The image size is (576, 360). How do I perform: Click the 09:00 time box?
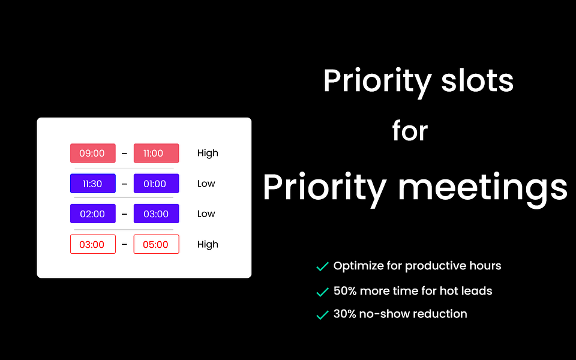tap(93, 153)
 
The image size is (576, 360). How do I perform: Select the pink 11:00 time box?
tap(156, 153)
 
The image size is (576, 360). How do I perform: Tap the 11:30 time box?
tap(93, 184)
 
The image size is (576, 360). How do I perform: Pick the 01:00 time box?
tap(156, 184)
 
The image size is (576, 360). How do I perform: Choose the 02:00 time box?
tap(93, 214)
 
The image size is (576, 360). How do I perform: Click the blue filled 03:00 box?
tap(156, 214)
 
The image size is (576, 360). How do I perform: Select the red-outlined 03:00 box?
tap(93, 244)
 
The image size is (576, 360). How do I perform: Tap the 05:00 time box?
tap(156, 244)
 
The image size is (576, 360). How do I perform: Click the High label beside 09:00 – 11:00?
tap(208, 153)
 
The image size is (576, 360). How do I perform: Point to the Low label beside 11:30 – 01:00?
tap(206, 184)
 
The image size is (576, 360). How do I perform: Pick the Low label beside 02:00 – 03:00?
tap(206, 214)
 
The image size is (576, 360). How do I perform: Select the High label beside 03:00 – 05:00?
tap(208, 245)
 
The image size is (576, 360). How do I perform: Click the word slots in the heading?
tap(477, 80)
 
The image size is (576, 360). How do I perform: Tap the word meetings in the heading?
tap(483, 188)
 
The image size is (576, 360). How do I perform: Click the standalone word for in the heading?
tap(410, 130)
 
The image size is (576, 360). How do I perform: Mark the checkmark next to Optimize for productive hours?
tap(322, 266)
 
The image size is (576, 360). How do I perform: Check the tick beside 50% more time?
tap(322, 292)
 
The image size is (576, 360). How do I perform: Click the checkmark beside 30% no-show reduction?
tap(322, 315)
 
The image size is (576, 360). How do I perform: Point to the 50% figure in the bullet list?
tap(345, 291)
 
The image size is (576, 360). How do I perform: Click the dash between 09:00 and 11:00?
tap(125, 153)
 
